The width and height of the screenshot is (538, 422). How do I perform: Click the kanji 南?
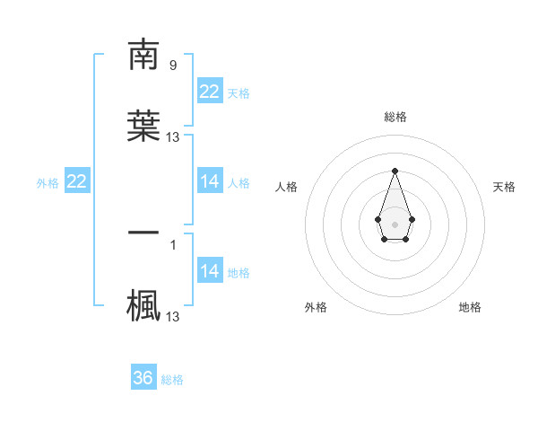pos(143,55)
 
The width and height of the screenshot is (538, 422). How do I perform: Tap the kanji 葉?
pos(143,127)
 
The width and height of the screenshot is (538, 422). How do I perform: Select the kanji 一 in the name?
pos(143,233)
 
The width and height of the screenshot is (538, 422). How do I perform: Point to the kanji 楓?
pos(143,304)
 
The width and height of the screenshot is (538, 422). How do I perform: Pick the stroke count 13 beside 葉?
pos(173,137)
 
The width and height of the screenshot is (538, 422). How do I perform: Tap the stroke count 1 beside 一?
pos(172,243)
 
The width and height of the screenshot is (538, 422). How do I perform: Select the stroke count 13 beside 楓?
pos(173,316)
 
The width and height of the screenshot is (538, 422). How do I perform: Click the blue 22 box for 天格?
pos(210,91)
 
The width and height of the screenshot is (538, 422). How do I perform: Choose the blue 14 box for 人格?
pos(210,181)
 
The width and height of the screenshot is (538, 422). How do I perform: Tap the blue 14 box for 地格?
pos(210,271)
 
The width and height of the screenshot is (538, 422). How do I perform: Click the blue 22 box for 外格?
pos(77,181)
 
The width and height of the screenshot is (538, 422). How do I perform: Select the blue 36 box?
pos(143,378)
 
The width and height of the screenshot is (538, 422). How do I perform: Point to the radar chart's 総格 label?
pos(395,117)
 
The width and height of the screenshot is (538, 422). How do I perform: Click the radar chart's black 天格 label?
pos(504,187)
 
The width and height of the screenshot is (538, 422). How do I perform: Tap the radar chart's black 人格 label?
pos(286,187)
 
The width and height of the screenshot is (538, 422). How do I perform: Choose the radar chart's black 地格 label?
pos(470,307)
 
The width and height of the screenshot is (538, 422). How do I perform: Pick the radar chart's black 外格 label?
pos(316,307)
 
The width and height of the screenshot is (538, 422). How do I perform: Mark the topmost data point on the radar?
pos(395,171)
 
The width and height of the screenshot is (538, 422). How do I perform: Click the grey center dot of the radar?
pos(395,223)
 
